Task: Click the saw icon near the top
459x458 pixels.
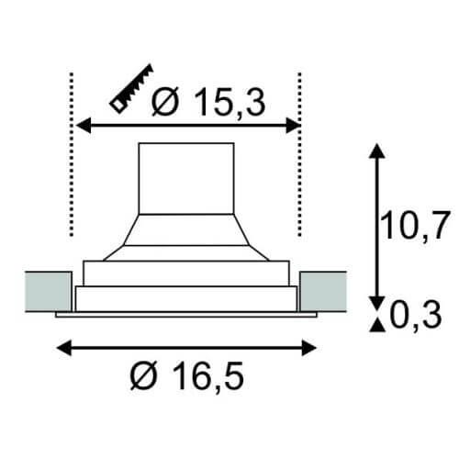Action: click(x=131, y=89)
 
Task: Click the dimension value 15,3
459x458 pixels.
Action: click(x=229, y=102)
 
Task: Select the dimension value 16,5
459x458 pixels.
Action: click(x=208, y=375)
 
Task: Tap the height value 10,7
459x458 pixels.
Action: click(x=415, y=225)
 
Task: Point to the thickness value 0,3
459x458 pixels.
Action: click(x=416, y=315)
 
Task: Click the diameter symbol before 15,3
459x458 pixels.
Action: click(x=165, y=101)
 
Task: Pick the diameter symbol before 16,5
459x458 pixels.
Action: click(x=143, y=375)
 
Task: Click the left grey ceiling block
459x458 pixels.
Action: click(x=49, y=291)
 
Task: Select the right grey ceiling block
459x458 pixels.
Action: click(x=323, y=291)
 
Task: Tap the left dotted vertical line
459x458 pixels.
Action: click(x=72, y=154)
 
